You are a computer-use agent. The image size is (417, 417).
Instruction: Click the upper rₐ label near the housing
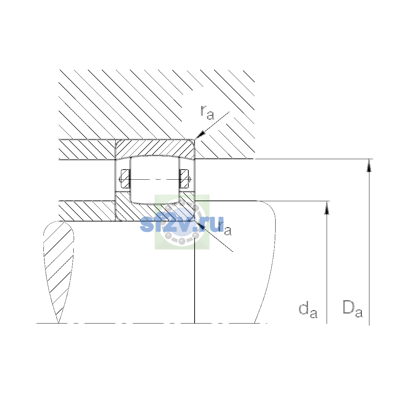coord(207,112)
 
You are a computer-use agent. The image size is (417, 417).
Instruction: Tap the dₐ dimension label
coord(308,311)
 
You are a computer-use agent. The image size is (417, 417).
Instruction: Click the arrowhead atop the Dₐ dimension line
coord(369,165)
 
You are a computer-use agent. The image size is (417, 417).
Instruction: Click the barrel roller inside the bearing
coord(155,180)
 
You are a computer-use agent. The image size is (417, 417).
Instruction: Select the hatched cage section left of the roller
coord(125,179)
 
